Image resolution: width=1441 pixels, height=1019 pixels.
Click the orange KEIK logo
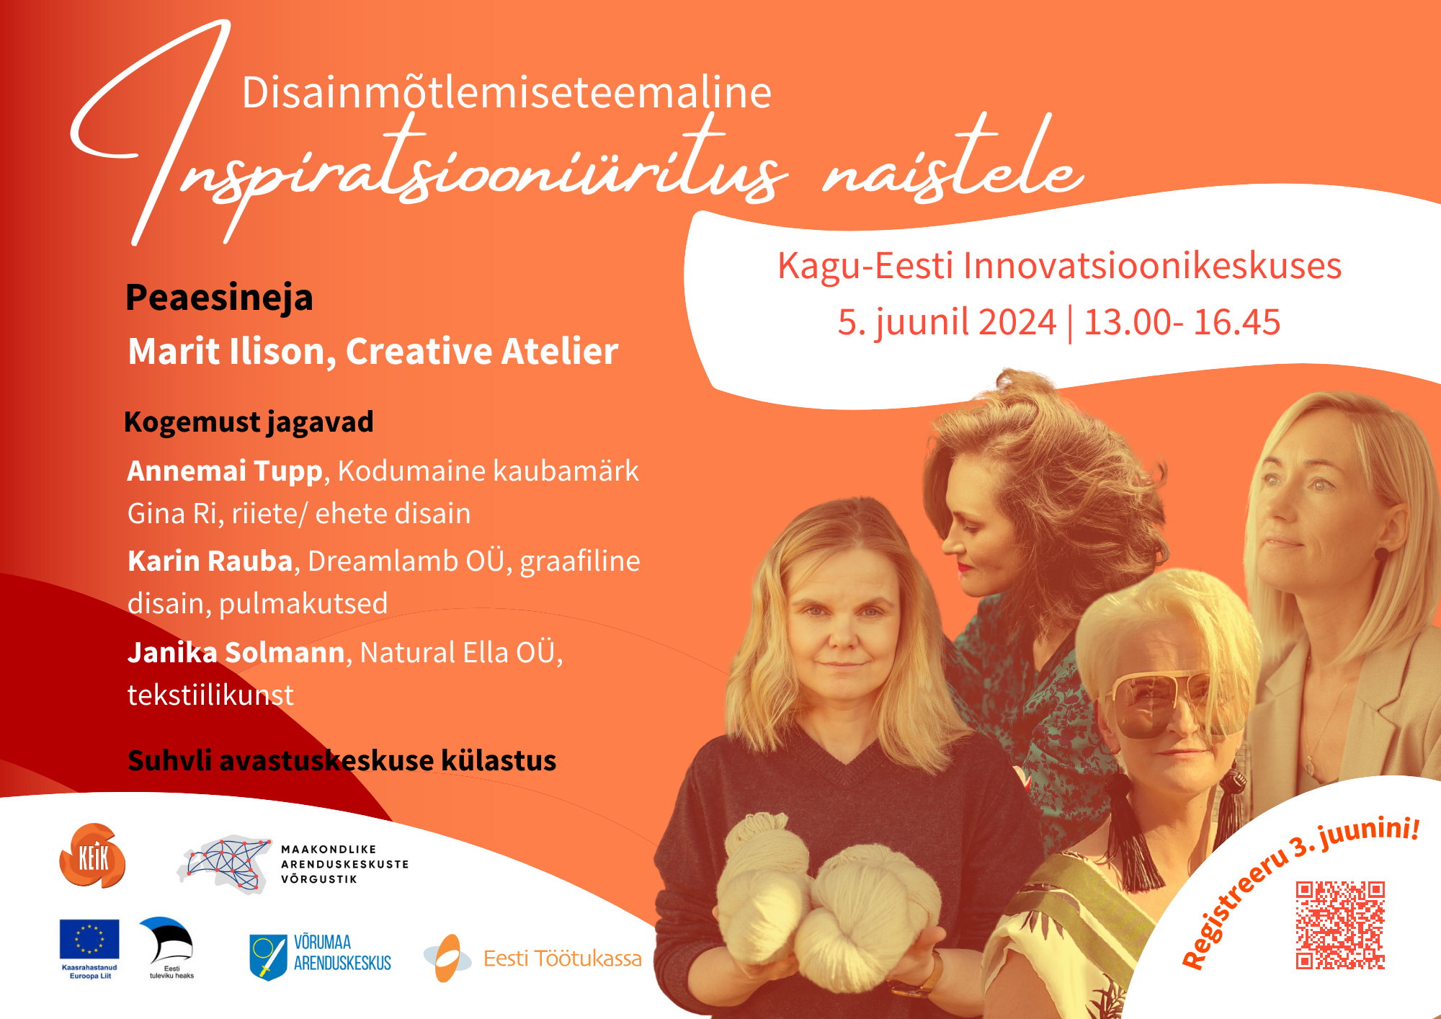(x=92, y=856)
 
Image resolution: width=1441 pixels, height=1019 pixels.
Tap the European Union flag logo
(x=89, y=939)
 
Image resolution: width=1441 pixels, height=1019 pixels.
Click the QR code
(x=1340, y=925)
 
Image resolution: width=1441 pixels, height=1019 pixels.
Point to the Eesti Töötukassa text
(x=562, y=958)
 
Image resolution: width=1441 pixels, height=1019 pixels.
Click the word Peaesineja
(x=219, y=298)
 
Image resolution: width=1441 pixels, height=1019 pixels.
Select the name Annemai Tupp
(x=225, y=471)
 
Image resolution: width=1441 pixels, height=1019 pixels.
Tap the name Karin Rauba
(x=210, y=561)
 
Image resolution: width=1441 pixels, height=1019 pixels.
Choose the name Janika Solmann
(x=236, y=653)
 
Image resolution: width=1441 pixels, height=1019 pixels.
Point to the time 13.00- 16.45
(x=1182, y=322)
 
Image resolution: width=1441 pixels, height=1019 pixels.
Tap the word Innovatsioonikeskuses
(x=1152, y=265)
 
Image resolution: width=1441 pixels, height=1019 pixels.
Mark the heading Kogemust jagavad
(x=249, y=422)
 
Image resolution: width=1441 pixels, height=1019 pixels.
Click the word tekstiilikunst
(x=210, y=695)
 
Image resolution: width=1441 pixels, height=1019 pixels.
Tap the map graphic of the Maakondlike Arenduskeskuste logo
(x=225, y=863)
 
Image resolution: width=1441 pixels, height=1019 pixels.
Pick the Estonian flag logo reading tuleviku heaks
(x=169, y=947)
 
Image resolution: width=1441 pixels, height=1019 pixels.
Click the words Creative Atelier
(x=482, y=352)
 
